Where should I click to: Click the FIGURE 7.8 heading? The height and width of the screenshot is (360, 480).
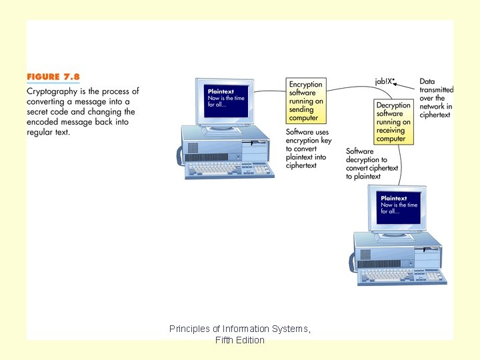coord(53,77)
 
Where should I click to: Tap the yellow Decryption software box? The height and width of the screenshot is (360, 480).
coord(393,122)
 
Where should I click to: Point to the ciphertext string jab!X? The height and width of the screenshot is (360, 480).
coord(383,81)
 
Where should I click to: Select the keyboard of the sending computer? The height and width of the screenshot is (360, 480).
coord(229,169)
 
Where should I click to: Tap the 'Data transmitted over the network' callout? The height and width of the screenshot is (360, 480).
coord(436,98)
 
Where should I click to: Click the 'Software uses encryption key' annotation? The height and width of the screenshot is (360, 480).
coord(308,149)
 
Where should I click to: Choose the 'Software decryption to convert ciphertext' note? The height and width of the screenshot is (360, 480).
coord(372,164)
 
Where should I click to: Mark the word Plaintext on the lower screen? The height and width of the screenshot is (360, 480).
coord(394,198)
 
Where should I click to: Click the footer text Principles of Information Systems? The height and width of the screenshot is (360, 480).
coord(240,329)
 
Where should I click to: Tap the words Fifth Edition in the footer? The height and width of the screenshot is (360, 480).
coord(240,340)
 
